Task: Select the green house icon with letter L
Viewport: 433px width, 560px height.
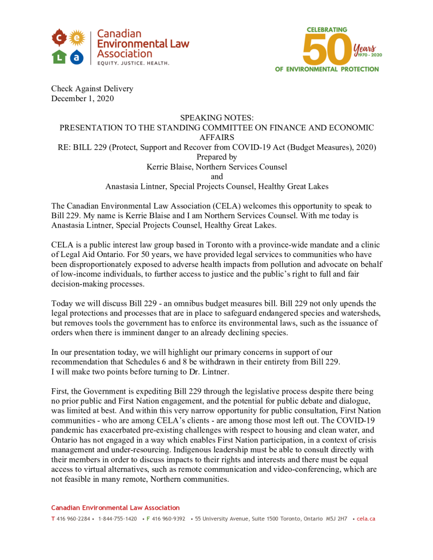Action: tap(59, 56)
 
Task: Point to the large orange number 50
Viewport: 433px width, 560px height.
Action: tap(327, 48)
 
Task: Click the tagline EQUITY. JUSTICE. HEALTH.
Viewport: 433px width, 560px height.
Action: tap(133, 63)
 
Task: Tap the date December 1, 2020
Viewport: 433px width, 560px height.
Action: tap(83, 98)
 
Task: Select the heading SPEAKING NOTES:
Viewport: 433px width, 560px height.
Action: tap(216, 118)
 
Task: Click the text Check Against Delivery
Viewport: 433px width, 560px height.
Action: tap(92, 89)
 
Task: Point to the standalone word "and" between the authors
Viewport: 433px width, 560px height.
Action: tap(217, 176)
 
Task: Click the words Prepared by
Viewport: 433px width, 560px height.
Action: tap(217, 157)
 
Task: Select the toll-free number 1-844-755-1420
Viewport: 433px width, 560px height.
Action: tap(117, 518)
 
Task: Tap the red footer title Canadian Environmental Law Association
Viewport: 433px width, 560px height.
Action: tap(116, 508)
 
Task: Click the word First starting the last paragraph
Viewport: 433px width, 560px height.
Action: tap(60, 392)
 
